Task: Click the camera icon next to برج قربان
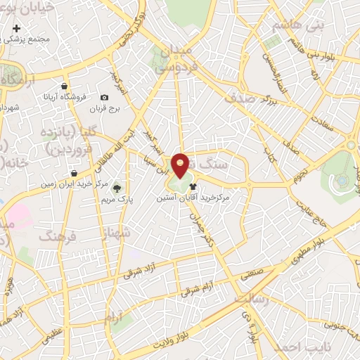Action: click(x=104, y=98)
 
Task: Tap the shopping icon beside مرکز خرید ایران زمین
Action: click(x=74, y=173)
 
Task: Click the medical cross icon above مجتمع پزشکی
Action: click(x=16, y=30)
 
